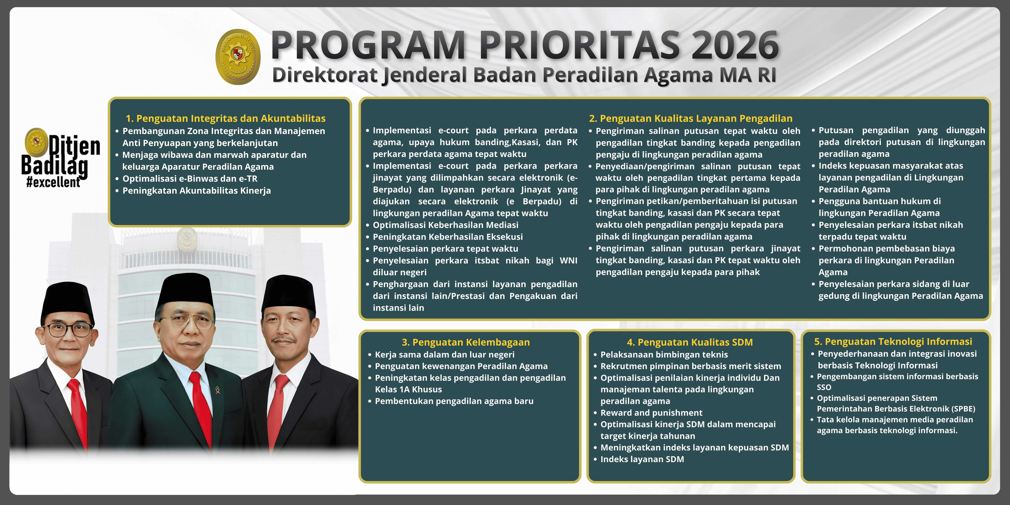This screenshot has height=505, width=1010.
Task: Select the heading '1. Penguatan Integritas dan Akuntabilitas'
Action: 225,118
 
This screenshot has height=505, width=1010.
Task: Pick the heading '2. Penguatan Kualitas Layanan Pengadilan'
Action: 690,118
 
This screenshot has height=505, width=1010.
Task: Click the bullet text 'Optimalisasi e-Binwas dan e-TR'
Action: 190,179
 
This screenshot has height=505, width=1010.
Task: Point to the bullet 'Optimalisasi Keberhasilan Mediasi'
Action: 445,225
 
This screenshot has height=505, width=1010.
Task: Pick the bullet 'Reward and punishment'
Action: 651,413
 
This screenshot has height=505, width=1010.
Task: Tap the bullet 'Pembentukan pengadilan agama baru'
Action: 454,401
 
